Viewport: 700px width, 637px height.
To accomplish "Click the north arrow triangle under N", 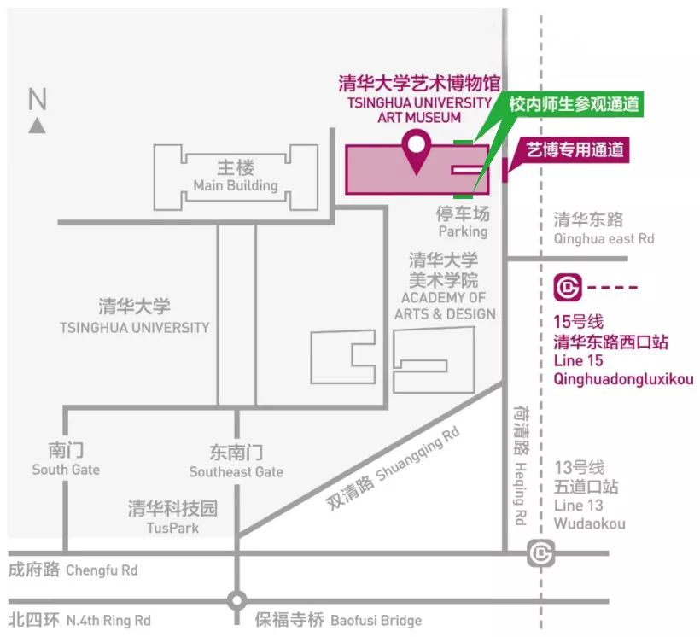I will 37,126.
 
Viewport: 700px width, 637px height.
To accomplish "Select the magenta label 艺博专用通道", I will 574,150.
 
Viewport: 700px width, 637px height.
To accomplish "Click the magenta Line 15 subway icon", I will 567,287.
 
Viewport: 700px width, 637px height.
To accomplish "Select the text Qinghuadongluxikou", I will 623,380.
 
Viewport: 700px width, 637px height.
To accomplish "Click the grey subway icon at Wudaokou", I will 540,553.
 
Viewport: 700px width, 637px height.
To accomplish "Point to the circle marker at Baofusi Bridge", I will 236,600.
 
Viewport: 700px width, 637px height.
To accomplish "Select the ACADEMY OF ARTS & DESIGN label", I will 444,306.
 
